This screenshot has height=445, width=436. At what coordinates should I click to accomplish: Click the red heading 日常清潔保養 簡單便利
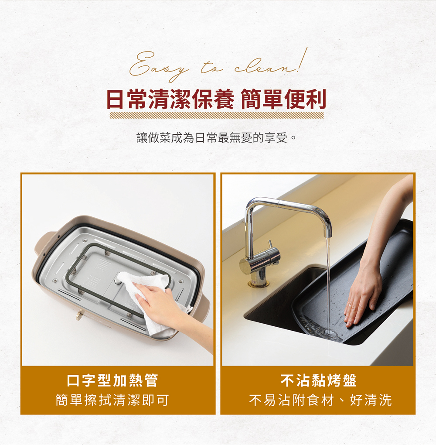pyautogui.click(x=216, y=99)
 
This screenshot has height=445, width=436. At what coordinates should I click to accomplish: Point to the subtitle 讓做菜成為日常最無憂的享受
pyautogui.click(x=216, y=137)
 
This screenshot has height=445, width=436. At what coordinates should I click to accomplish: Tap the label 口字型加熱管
pyautogui.click(x=112, y=380)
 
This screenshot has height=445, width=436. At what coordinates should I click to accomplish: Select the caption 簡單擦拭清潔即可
pyautogui.click(x=112, y=400)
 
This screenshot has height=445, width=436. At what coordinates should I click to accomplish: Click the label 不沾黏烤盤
pyautogui.click(x=318, y=380)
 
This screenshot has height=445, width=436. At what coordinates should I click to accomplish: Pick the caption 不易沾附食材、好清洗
pyautogui.click(x=320, y=400)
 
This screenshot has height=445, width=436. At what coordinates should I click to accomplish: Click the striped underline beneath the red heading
pyautogui.click(x=216, y=115)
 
